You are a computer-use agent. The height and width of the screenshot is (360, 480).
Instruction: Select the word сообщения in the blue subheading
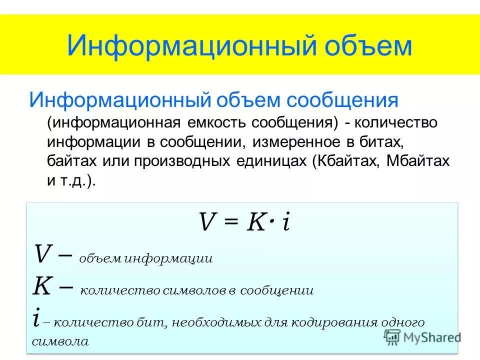click(342, 100)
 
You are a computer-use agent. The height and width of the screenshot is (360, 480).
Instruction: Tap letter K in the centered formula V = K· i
click(255, 221)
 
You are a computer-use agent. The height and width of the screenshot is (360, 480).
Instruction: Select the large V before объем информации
click(42, 254)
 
